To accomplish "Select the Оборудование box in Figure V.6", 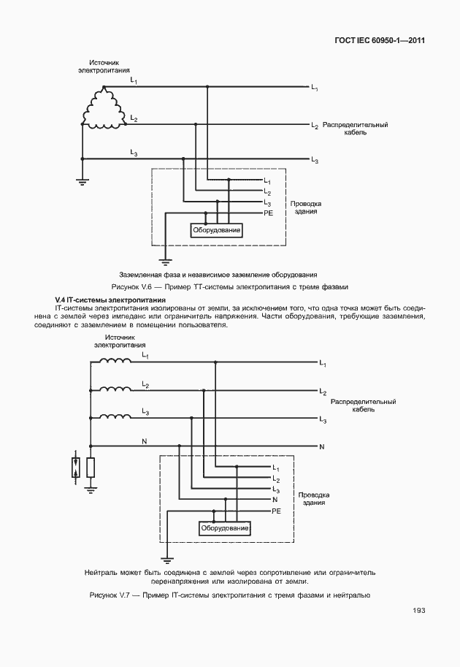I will point(217,231).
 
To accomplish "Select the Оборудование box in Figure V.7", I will point(225,527).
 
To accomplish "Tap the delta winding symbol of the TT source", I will point(103,110).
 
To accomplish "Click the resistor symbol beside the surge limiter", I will point(90,468).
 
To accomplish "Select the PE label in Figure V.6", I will point(268,212).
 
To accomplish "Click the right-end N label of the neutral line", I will point(322,445).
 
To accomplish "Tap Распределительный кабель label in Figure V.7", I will point(363,405).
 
